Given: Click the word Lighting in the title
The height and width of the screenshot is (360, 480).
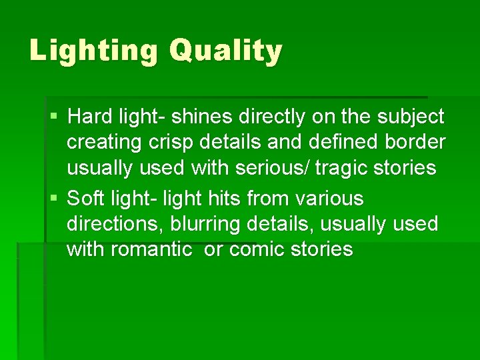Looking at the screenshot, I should click(93, 51).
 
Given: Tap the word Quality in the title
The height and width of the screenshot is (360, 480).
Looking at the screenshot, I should click(225, 51).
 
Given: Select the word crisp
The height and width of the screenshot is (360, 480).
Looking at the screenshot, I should click(182, 143).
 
